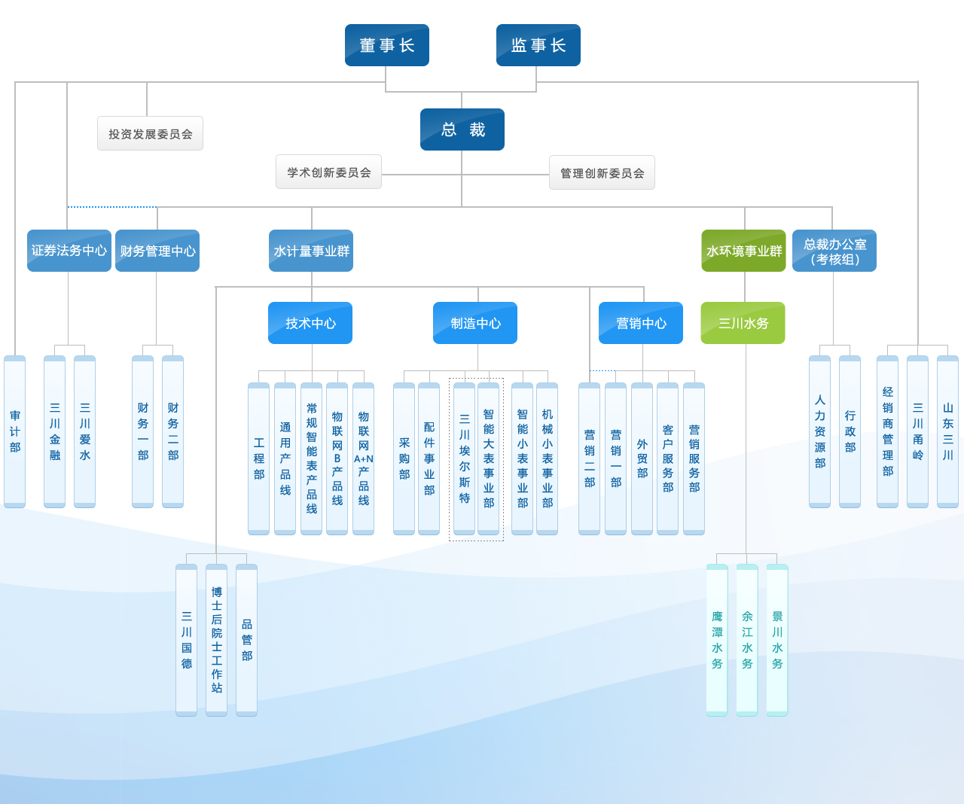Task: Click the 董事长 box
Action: click(x=387, y=45)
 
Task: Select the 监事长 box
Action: click(x=538, y=45)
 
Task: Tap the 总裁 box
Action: click(x=462, y=129)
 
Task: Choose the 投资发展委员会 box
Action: click(x=150, y=133)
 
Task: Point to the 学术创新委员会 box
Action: click(x=328, y=172)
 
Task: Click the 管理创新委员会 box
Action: click(x=602, y=172)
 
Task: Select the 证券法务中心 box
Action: click(x=69, y=251)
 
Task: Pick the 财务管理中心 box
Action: click(x=157, y=251)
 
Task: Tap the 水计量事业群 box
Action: click(x=311, y=251)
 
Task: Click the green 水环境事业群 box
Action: click(x=743, y=251)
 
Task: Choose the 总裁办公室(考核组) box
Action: click(x=834, y=251)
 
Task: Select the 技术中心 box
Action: click(x=310, y=323)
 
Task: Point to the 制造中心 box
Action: click(x=475, y=323)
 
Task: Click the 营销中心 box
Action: click(x=641, y=323)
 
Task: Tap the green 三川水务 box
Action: click(x=743, y=323)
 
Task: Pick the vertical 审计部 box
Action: click(x=15, y=431)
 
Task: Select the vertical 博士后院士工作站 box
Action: click(x=217, y=640)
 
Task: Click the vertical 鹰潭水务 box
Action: click(x=717, y=640)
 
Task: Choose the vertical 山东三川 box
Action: click(x=947, y=431)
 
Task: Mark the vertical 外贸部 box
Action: click(x=642, y=458)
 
